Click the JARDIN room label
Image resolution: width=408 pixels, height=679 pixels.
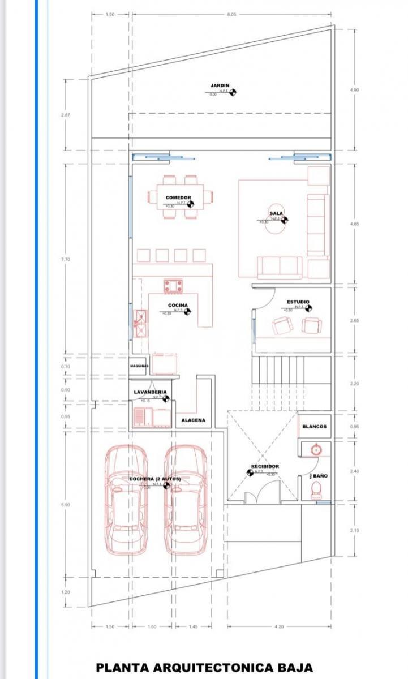click(x=220, y=85)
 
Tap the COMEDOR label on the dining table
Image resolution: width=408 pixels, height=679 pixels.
click(x=178, y=198)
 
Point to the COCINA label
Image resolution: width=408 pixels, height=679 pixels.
click(x=178, y=305)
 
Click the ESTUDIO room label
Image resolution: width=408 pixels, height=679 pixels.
click(x=298, y=302)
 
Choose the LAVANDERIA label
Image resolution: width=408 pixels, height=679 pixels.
click(x=150, y=392)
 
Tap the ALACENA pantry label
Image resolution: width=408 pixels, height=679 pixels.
click(x=194, y=420)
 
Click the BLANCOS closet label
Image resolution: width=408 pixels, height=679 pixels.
click(x=314, y=427)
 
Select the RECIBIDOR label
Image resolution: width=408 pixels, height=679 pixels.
click(x=265, y=467)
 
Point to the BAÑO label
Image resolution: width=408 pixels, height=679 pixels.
click(x=320, y=476)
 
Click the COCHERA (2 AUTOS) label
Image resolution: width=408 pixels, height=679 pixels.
click(x=154, y=479)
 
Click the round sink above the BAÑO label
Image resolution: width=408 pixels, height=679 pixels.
click(x=316, y=450)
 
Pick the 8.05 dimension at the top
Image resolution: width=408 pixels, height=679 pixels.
click(x=231, y=15)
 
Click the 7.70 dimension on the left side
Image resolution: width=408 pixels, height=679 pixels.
click(x=65, y=259)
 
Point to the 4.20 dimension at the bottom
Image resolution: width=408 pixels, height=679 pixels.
click(x=279, y=627)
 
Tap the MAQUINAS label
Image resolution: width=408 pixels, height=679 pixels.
click(x=139, y=366)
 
